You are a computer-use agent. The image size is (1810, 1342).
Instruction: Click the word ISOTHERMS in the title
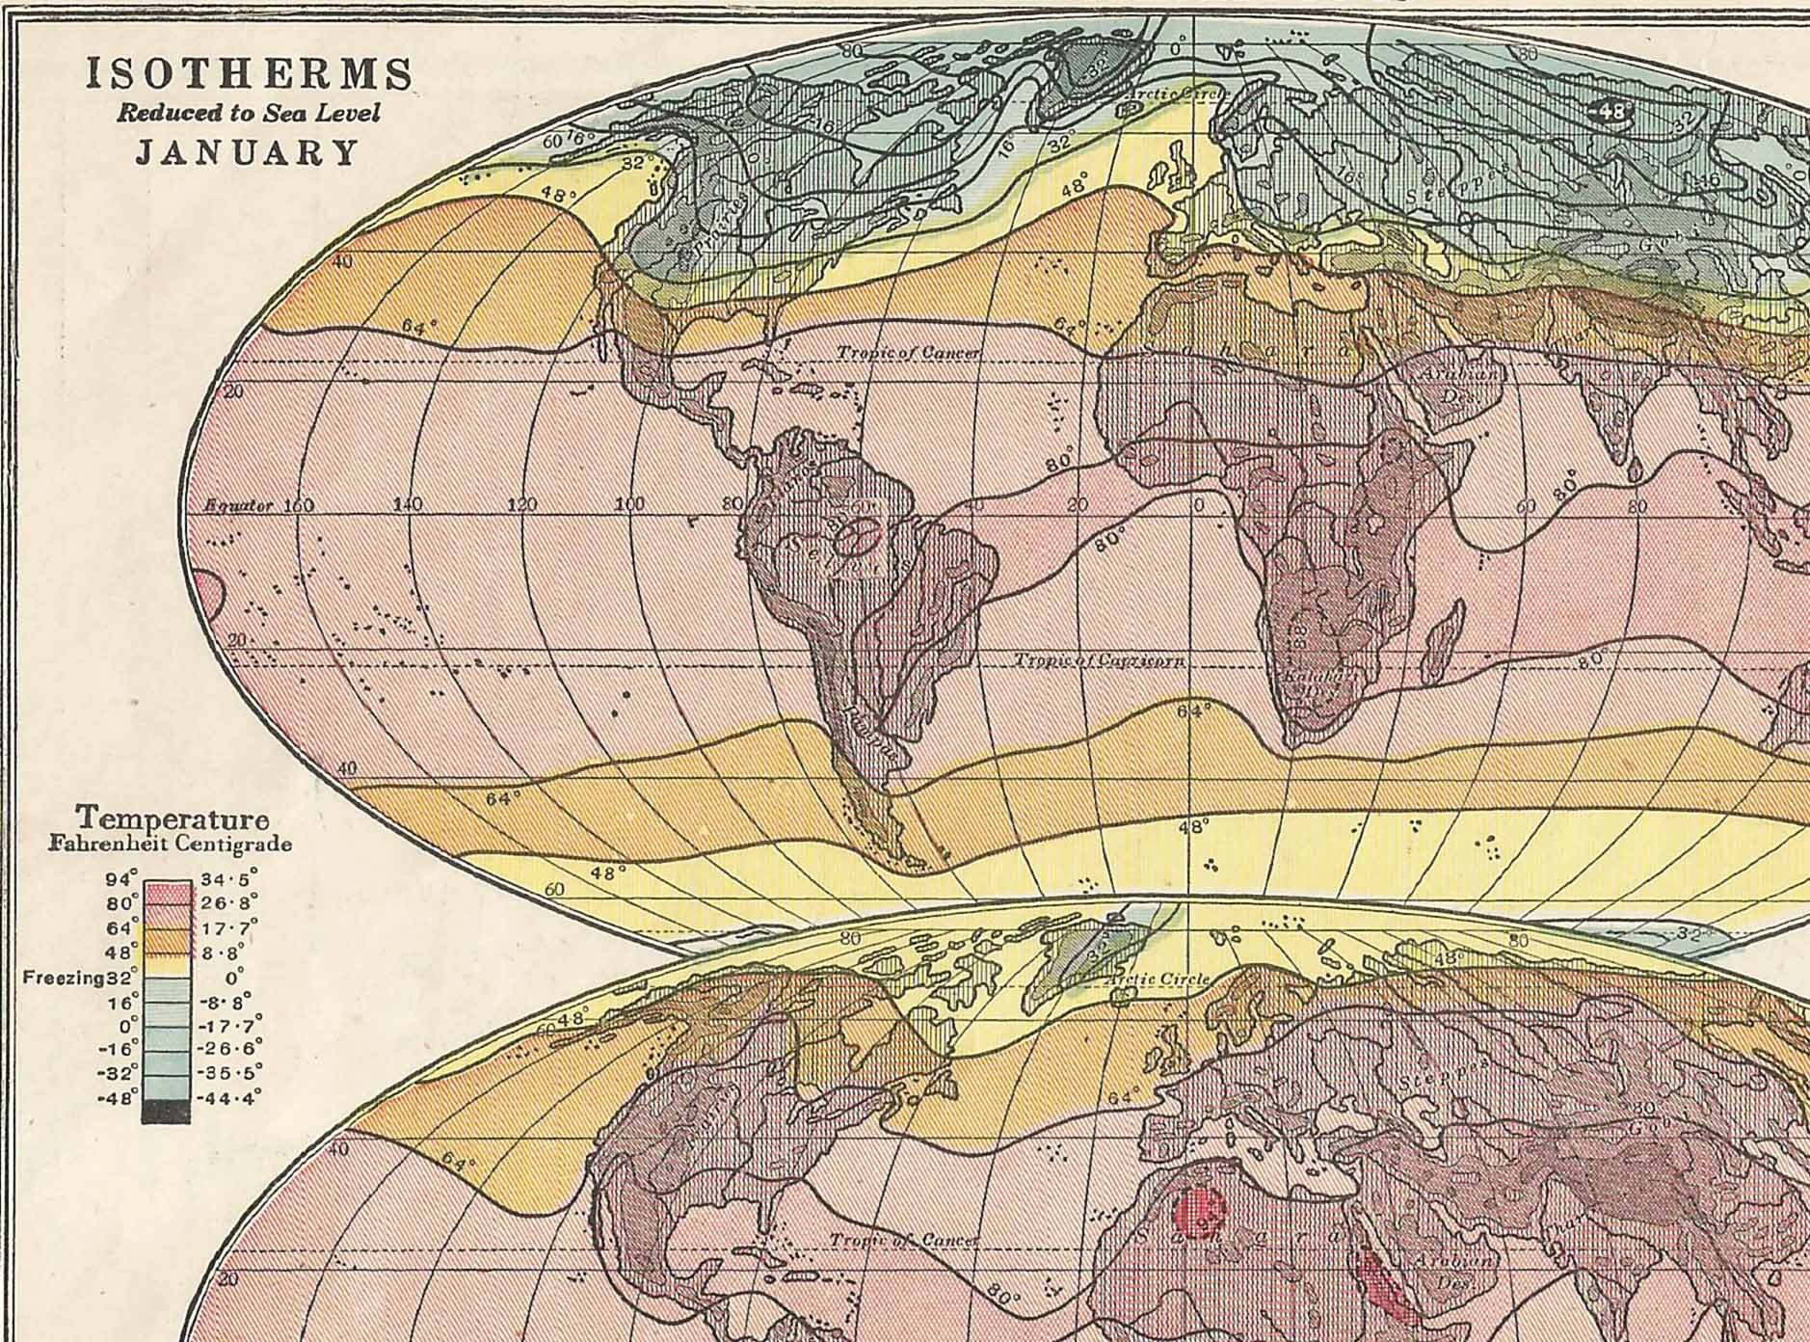pos(250,74)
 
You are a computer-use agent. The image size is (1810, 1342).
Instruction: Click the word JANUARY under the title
pos(247,153)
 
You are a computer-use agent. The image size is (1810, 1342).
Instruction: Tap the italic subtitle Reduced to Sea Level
pos(249,114)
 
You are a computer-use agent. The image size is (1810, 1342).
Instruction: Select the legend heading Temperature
pos(173,819)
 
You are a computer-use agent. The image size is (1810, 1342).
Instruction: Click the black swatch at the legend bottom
pos(166,1111)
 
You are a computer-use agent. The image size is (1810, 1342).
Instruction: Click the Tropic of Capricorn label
pos(1099,661)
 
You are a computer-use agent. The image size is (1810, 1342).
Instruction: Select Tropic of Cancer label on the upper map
pos(907,354)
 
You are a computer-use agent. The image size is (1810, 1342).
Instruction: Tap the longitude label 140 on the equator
pos(410,504)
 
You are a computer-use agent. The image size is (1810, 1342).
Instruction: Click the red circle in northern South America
pos(855,535)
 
